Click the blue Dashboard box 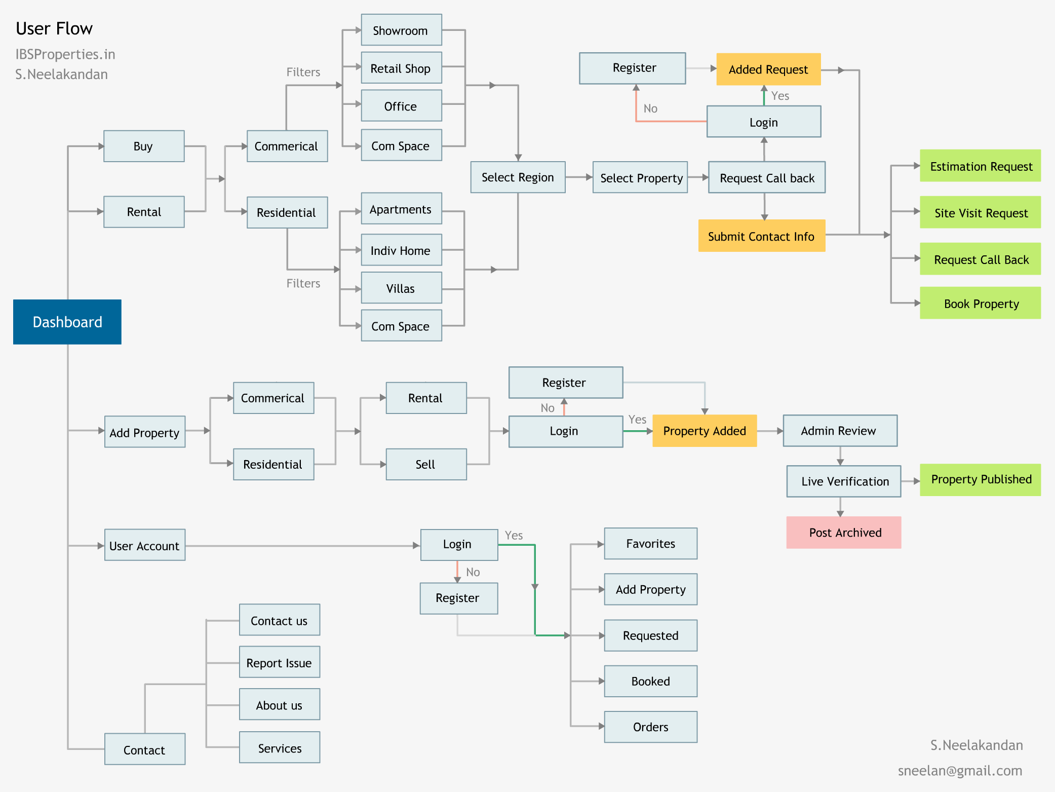click(67, 322)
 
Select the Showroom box click(401, 30)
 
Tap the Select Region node click(518, 177)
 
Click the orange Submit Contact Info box click(761, 236)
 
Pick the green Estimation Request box click(980, 166)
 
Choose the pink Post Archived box click(844, 533)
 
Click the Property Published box click(980, 479)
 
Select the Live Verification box click(844, 481)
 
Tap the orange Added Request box click(768, 69)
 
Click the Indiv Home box click(401, 250)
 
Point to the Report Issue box click(280, 663)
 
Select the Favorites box click(650, 544)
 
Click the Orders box click(650, 727)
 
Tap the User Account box click(145, 546)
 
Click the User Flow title click(54, 29)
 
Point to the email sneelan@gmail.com click(960, 771)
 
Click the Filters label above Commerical click(303, 72)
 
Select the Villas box click(401, 288)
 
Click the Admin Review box click(840, 431)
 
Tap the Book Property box click(980, 304)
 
